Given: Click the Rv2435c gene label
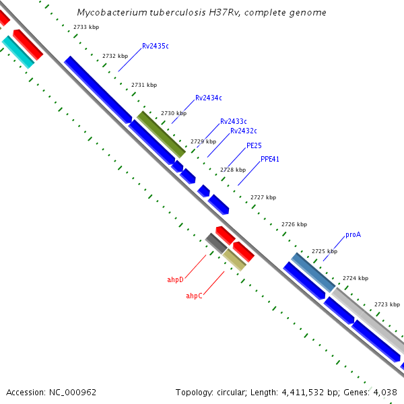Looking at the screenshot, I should pos(155,46).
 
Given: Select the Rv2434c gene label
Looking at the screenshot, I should pos(208,98).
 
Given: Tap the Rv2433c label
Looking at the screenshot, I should pos(233,121).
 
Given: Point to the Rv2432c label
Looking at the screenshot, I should pos(243,131).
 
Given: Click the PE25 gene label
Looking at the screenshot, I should pos(254,145).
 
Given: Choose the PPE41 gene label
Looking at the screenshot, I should pos(270,160).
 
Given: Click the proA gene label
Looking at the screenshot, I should pos(353,235).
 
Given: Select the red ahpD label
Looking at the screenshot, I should pos(175,279).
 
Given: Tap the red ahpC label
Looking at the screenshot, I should pos(194,296).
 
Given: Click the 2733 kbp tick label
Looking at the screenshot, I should pos(85,26).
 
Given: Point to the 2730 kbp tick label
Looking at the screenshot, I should pos(174,113).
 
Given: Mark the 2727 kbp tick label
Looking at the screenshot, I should pos(263,197).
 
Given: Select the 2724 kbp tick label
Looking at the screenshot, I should pos(356,278).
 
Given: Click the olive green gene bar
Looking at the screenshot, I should pos(162,134).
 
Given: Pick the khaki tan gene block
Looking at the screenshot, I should pos(234,259).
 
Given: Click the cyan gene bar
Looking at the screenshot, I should pos(18,53).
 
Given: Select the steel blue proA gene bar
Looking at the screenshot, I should pos(313,272).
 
